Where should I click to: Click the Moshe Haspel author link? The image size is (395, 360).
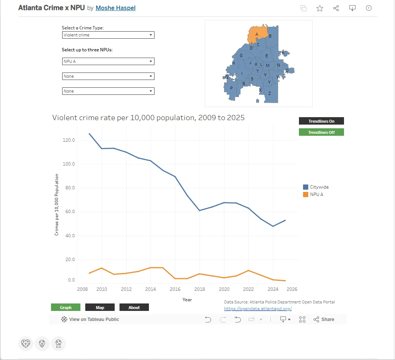(x=115, y=8)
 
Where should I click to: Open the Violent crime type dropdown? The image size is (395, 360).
(x=108, y=35)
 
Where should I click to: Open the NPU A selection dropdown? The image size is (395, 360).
(x=108, y=61)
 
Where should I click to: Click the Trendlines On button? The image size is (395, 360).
(x=321, y=121)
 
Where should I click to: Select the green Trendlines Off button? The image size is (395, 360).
(x=321, y=132)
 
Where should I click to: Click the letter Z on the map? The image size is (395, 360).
(x=270, y=93)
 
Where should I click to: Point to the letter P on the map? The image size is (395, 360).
(x=231, y=88)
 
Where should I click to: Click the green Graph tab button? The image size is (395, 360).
(x=66, y=308)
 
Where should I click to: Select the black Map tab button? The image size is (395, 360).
(x=100, y=308)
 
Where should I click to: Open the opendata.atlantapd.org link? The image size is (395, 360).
(x=258, y=309)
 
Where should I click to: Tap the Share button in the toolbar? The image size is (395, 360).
(x=324, y=319)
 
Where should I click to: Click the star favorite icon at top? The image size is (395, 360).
(x=320, y=8)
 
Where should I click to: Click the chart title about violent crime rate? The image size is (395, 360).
(x=148, y=118)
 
